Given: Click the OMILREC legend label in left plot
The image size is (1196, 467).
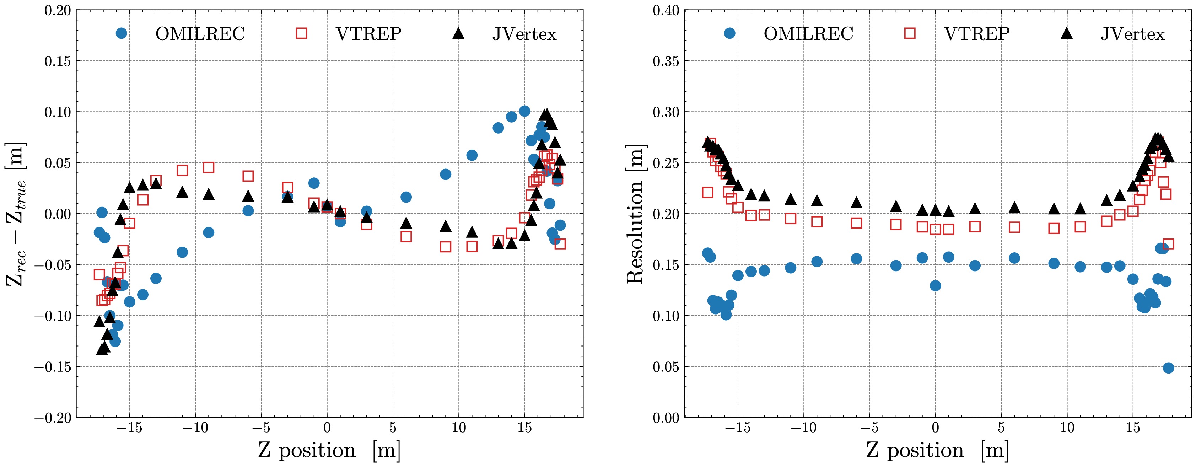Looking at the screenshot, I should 200,34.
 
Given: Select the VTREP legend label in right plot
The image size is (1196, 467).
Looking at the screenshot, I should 976,34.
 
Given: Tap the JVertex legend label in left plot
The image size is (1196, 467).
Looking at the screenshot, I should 524,34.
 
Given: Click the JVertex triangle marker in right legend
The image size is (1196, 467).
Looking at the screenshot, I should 1066,33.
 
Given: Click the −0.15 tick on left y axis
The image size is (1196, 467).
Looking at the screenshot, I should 53,367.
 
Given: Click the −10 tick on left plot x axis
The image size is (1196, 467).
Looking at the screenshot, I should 195,428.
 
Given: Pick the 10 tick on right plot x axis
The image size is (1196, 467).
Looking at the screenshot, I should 1067,428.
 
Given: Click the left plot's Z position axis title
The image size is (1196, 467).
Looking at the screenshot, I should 329,450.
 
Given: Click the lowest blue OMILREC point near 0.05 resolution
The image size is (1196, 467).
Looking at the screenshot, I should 1169,367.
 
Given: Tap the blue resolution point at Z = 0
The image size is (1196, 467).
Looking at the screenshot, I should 936,285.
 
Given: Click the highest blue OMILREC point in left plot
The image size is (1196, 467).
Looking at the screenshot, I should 525,111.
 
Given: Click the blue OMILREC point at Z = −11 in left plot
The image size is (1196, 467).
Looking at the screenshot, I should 183,252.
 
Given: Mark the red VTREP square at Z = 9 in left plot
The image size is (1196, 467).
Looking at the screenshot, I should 446,247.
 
